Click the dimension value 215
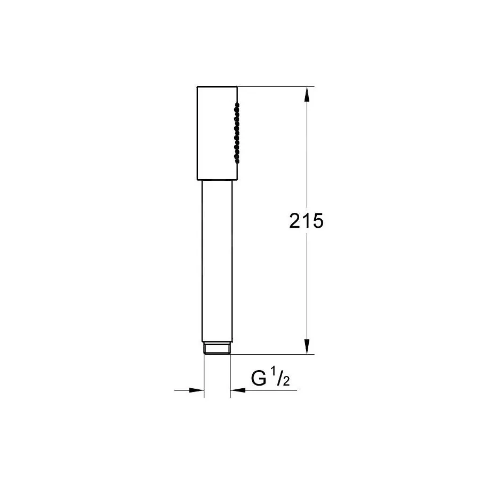pyautogui.click(x=306, y=221)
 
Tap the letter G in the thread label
pyautogui.click(x=259, y=378)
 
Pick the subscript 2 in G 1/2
pyautogui.click(x=286, y=381)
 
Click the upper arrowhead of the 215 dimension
pyautogui.click(x=307, y=94)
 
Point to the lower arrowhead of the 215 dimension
pyautogui.click(x=307, y=347)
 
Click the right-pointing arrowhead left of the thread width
pyautogui.click(x=196, y=390)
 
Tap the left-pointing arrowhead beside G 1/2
pyautogui.click(x=238, y=390)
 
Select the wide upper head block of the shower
pyautogui.click(x=217, y=133)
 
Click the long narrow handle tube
pyautogui.click(x=217, y=261)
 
